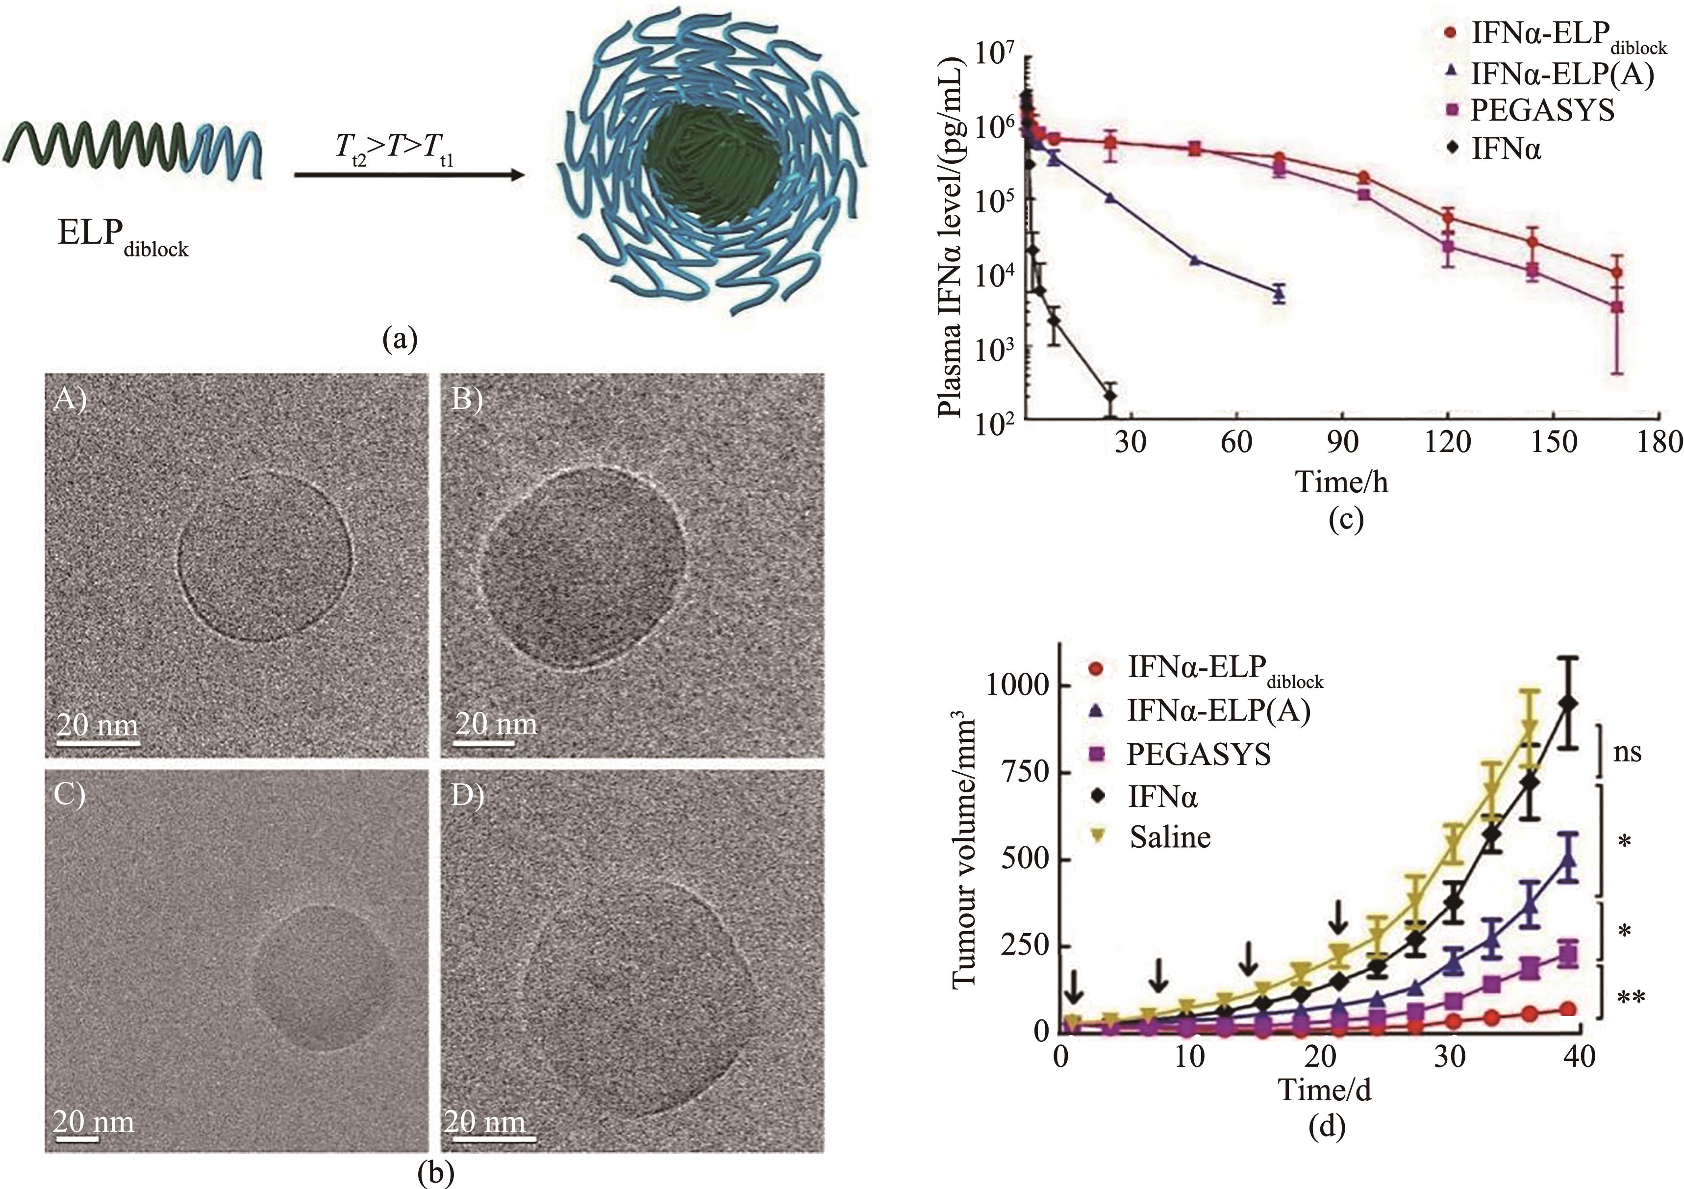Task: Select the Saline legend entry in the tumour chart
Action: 1169,837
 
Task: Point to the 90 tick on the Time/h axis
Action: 1341,442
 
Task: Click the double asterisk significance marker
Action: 1631,998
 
